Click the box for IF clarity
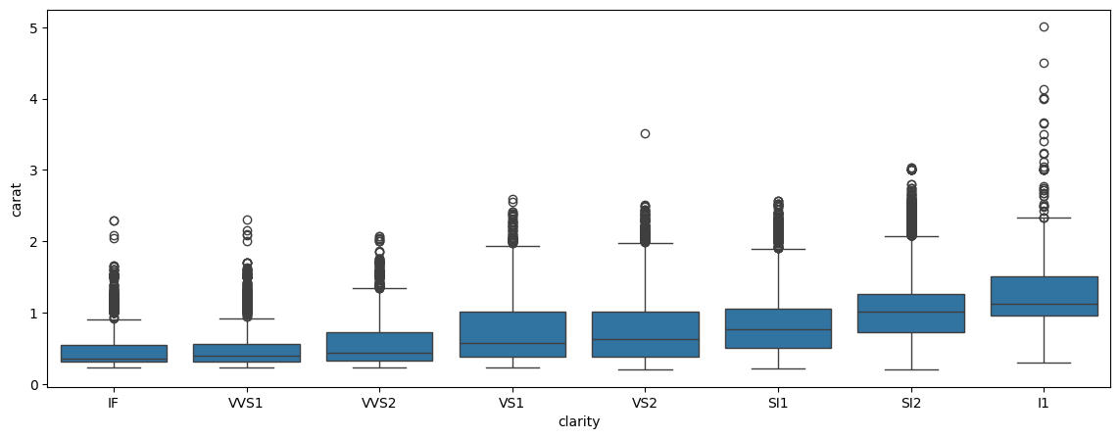tap(114, 354)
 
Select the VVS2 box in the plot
tap(379, 347)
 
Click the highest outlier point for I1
tap(1044, 26)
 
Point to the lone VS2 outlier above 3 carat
tap(645, 133)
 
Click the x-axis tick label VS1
tap(512, 403)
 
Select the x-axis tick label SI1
tap(778, 403)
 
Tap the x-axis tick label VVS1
tap(247, 403)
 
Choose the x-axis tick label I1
tap(1044, 403)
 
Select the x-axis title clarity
tap(578, 421)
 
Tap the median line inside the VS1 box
tap(512, 343)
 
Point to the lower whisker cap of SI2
tap(911, 369)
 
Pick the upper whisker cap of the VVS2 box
tap(379, 288)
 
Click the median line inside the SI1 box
tap(778, 329)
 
